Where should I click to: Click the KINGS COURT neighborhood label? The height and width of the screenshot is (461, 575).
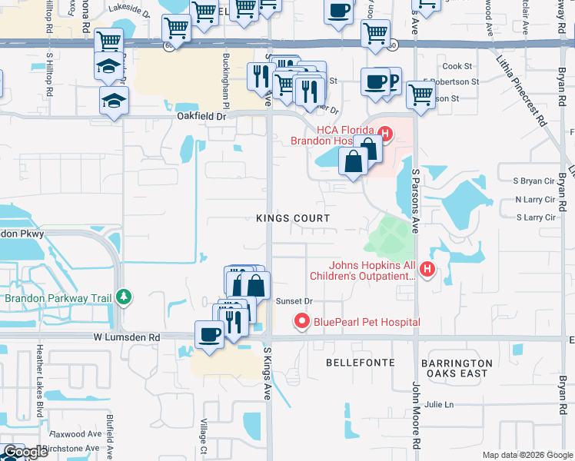point(293,218)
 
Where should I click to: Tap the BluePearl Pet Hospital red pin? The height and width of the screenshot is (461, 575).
point(301,321)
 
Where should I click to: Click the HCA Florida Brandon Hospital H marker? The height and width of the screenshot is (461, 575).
point(386,135)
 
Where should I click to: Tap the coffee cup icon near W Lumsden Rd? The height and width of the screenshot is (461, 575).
point(209,335)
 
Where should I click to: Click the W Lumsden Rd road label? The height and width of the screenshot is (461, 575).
point(127,337)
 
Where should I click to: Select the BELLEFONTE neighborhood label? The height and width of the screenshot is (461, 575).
point(361,362)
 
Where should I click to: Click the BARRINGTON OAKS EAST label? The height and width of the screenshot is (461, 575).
point(456,368)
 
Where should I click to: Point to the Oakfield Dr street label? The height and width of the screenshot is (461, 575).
point(201,116)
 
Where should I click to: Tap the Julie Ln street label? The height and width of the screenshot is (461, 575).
point(439,404)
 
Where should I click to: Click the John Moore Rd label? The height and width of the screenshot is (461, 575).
point(416,414)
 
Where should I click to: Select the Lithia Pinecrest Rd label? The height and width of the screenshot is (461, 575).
point(523,85)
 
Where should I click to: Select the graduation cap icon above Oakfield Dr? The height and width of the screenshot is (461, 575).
point(114,100)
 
